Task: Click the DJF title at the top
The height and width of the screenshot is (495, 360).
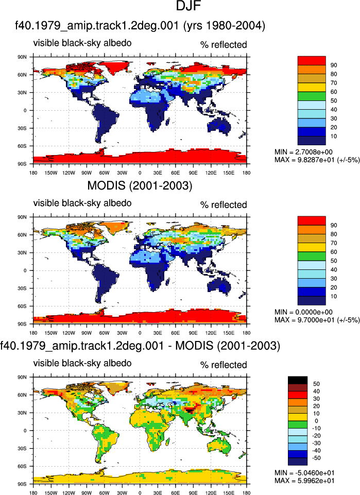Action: click(188, 6)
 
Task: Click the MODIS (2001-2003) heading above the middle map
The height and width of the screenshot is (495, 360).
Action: click(140, 185)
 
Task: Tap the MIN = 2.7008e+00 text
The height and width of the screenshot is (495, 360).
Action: click(303, 152)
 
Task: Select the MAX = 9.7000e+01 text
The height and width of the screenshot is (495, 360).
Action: click(317, 320)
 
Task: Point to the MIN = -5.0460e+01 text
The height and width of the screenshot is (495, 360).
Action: click(304, 473)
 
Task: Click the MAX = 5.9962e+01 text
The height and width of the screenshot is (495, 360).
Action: click(304, 481)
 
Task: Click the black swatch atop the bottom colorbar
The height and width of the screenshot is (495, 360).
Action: click(298, 380)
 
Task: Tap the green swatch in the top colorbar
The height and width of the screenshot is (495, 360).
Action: click(312, 96)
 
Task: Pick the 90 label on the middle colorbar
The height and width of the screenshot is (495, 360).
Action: click(334, 226)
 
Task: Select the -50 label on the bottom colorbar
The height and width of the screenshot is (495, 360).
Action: click(316, 458)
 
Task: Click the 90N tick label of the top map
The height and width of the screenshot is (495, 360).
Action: click(22, 57)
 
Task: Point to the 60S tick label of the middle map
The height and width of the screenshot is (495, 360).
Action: click(22, 306)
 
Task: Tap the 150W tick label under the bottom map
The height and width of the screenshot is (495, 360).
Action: click(51, 492)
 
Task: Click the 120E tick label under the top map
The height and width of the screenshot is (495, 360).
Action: click(211, 173)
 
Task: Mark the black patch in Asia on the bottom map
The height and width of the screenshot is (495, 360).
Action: click(190, 411)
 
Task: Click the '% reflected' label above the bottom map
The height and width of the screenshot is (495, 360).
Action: click(224, 365)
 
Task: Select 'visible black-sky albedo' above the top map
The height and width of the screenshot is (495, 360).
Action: click(82, 43)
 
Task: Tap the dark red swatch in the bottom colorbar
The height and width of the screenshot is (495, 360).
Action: click(298, 388)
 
